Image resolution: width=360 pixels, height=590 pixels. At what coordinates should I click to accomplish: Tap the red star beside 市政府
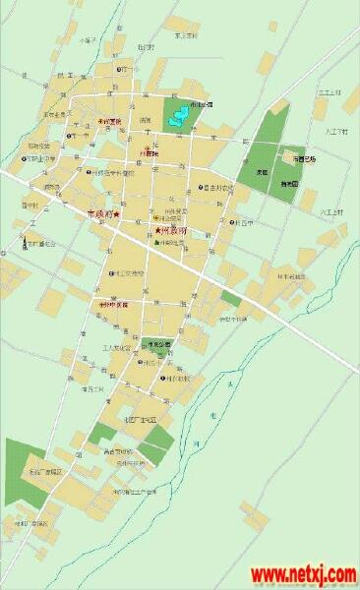(116, 213)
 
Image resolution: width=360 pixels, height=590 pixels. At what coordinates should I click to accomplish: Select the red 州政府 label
(174, 231)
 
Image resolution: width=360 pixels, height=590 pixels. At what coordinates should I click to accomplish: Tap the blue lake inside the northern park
(177, 118)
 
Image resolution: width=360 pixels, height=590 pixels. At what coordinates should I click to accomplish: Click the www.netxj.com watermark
(302, 573)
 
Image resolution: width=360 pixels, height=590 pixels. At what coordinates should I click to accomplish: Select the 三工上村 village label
(328, 90)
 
